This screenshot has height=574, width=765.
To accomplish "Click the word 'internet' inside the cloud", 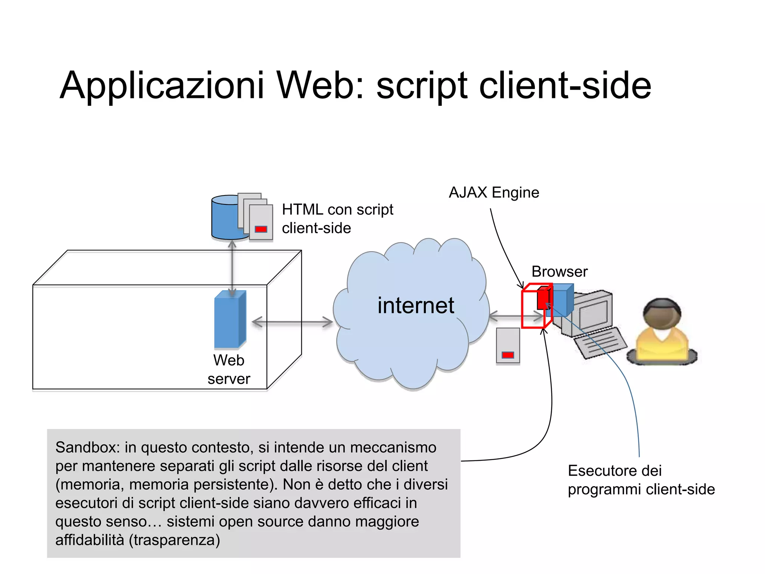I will tap(415, 305).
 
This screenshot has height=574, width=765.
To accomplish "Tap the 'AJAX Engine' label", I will tap(494, 192).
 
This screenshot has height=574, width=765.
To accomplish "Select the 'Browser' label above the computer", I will tap(559, 271).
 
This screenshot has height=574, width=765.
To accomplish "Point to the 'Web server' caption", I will tap(229, 369).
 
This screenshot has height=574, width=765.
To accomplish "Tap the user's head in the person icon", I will tap(662, 314).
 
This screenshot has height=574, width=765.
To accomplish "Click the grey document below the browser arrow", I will tap(508, 345).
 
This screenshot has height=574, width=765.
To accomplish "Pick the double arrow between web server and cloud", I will tap(292, 322).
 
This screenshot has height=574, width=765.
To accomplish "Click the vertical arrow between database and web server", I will tap(232, 267).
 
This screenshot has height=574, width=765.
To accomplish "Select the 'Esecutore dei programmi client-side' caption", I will tap(640, 480).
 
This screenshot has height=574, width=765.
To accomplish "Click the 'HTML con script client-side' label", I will tap(337, 219).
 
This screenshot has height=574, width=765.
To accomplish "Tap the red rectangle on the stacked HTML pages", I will tap(261, 229).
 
